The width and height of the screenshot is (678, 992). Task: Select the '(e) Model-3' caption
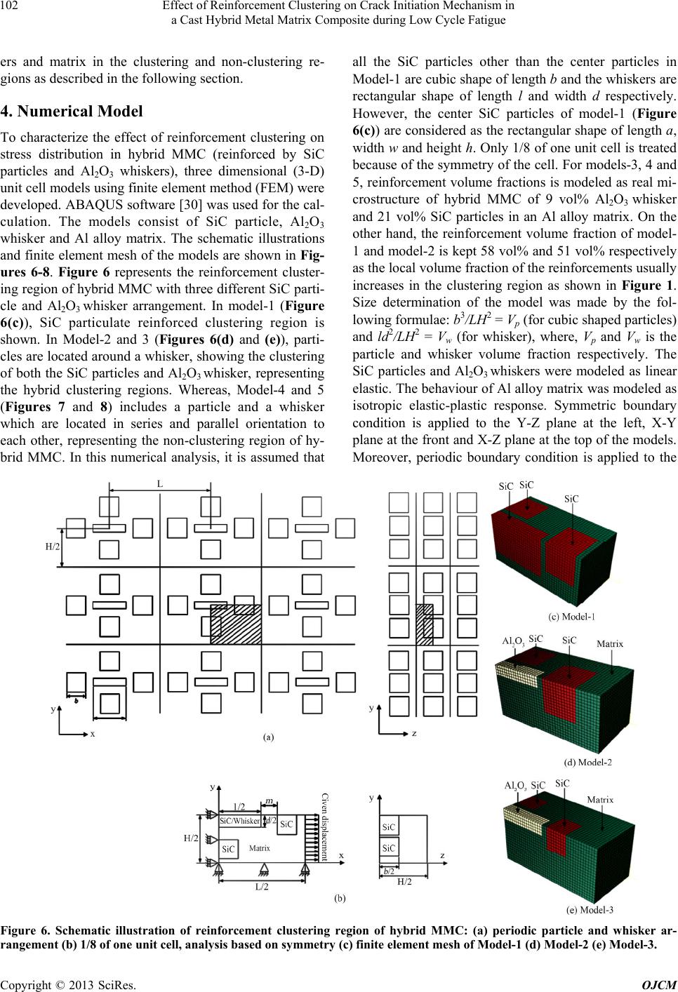[x=590, y=911]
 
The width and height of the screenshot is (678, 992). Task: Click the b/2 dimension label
[x=388, y=871]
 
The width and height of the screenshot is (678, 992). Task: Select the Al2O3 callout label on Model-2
[x=514, y=641]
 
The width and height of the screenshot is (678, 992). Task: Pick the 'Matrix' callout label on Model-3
[x=600, y=799]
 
